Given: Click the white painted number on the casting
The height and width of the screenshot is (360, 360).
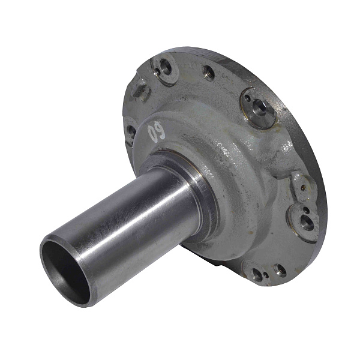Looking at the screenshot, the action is coord(156,133).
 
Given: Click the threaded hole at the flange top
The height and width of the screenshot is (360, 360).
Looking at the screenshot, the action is coord(209,73).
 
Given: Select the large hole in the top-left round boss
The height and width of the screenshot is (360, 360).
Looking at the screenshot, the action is coord(166,67).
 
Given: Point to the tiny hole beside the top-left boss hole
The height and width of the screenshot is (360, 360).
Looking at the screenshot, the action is coord(157,73).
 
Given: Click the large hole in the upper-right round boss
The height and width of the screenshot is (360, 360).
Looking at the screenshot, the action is coord(260,107).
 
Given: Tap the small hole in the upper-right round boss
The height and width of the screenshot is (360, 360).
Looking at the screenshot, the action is coord(248,98).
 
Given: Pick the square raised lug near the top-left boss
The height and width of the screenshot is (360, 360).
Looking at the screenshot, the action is coord(140,89).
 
